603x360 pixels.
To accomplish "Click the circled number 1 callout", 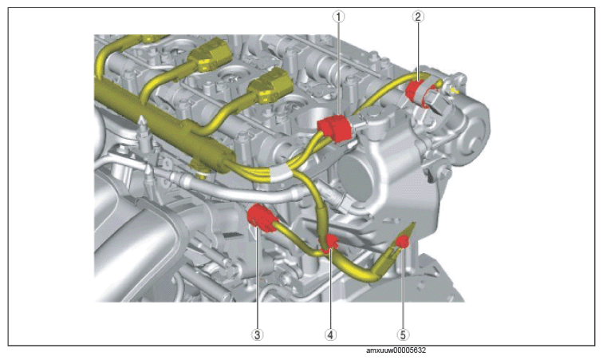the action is pos(338,17).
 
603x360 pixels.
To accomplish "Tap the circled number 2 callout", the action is pos(418,17).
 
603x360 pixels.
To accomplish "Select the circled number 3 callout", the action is pos(258,334).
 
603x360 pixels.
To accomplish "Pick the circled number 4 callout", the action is pos(330,334).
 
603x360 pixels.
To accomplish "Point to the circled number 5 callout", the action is pos(403,334).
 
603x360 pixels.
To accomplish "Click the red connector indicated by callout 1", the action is pos(334,129).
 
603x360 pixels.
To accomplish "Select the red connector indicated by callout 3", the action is pos(262,218).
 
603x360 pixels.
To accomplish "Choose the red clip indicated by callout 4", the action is pos(329,244).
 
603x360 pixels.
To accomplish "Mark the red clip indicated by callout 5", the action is pos(402,242).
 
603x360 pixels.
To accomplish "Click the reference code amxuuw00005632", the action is pos(396,350).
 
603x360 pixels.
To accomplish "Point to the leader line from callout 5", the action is pos(403,288).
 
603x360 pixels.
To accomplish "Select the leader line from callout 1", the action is pos(338,68).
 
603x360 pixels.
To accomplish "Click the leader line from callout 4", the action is pos(330,290).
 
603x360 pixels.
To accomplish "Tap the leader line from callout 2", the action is pos(418,51).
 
